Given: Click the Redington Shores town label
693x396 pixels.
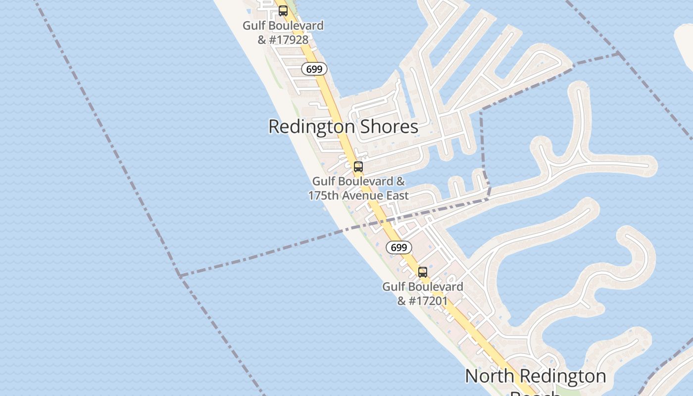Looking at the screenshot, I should pos(343,127).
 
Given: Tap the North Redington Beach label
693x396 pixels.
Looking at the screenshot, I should pos(536,377).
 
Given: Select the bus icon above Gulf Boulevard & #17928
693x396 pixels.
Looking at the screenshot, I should pos(283,10).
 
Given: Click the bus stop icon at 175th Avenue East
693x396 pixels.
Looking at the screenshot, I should pos(358,167).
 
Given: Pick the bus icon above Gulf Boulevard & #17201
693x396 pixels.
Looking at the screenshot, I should pos(422,272).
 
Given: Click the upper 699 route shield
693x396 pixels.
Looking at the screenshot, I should pos(314,69).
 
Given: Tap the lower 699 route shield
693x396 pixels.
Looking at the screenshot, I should pos(398,247).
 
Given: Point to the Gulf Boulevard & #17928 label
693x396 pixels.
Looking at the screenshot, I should pos(283,33).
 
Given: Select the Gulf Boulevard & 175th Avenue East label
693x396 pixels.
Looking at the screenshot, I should pos(358,189).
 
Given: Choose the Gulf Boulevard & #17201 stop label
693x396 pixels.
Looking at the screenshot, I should pos(423,294).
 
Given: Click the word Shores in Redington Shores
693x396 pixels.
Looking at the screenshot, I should pos(389,127).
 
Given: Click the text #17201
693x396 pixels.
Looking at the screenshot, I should pos(429,300).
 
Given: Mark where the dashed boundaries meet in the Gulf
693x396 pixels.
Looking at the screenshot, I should pos(180,275).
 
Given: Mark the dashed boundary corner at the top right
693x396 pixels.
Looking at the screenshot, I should pos(618,54).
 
